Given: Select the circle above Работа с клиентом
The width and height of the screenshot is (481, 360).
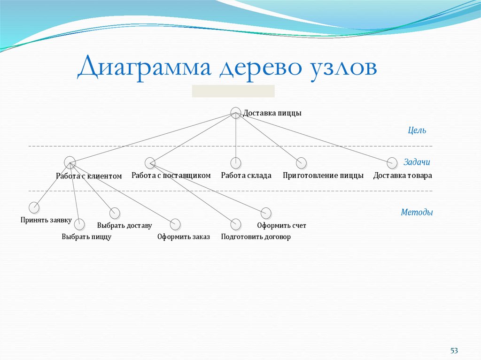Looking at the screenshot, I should [x=70, y=161].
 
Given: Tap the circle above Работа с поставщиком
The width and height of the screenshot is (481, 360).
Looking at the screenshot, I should [x=150, y=163].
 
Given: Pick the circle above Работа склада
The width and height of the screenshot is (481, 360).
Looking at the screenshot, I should [x=236, y=163].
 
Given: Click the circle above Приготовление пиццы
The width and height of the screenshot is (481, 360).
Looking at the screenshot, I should [x=301, y=163].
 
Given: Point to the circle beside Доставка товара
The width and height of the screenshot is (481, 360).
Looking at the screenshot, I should [x=392, y=163].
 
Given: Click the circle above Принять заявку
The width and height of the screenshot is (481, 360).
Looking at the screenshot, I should [x=34, y=207].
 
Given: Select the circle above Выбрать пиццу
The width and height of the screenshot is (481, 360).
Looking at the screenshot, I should [x=80, y=224].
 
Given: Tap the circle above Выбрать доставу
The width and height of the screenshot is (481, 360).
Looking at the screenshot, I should [x=115, y=213].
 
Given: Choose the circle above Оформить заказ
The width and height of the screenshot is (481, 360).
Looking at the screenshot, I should [x=175, y=224].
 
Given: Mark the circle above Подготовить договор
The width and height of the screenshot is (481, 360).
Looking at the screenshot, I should [x=236, y=224].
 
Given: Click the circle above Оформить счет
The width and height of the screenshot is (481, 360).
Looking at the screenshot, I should [x=266, y=213].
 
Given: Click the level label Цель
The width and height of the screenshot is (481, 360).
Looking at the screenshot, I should [x=417, y=130].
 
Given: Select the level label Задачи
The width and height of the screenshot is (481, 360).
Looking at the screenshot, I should [x=417, y=162].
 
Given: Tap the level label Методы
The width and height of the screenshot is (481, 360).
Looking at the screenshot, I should [x=417, y=212].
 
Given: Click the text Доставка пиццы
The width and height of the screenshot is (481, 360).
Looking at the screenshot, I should [x=272, y=113].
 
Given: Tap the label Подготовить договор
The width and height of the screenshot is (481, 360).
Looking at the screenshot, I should [x=256, y=237].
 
